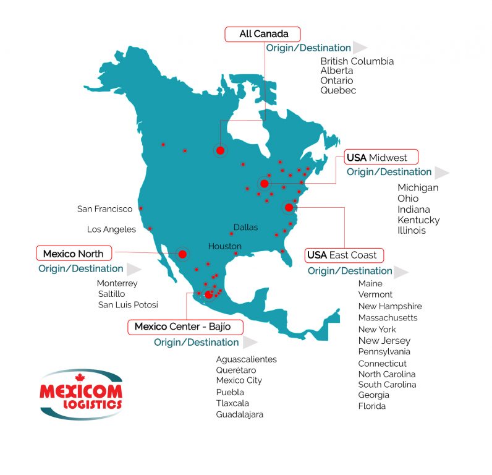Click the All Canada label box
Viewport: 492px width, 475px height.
(261, 34)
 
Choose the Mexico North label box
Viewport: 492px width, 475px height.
(73, 254)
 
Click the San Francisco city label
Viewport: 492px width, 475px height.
(105, 209)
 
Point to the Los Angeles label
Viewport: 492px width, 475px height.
(111, 229)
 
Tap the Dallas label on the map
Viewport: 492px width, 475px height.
(245, 228)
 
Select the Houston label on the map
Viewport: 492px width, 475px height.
(224, 246)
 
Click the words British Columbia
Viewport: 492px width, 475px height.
(357, 61)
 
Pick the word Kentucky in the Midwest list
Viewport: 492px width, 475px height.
(418, 220)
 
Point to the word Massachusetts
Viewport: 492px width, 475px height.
(388, 318)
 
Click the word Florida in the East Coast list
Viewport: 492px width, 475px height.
(371, 406)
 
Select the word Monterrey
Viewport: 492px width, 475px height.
(117, 283)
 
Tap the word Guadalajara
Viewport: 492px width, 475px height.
(239, 414)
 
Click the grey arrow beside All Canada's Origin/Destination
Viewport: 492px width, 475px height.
(360, 48)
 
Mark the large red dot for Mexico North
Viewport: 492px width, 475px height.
(182, 254)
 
